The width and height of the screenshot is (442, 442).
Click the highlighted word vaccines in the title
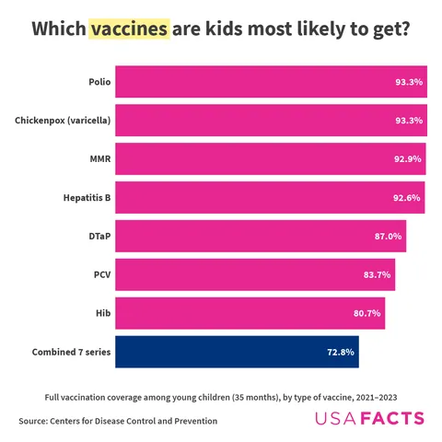click(129, 29)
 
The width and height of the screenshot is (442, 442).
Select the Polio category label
click(99, 82)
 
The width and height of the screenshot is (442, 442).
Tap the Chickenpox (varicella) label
click(64, 121)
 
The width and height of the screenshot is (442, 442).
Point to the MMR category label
click(99, 159)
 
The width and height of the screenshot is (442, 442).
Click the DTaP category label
click(99, 236)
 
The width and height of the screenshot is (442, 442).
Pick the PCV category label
click(102, 274)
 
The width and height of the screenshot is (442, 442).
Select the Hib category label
click(103, 313)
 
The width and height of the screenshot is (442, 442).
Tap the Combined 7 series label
click(72, 352)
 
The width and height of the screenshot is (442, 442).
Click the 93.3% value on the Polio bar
click(409, 82)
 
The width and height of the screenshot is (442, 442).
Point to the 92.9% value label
click(407, 159)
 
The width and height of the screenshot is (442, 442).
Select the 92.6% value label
click(406, 197)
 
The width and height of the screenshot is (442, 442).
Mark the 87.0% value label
click(388, 236)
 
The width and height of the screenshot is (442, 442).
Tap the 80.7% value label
click(366, 313)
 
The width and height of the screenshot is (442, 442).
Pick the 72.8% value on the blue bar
click(341, 352)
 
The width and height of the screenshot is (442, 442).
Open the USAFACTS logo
click(370, 420)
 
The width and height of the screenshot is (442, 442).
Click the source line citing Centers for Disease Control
click(118, 421)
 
